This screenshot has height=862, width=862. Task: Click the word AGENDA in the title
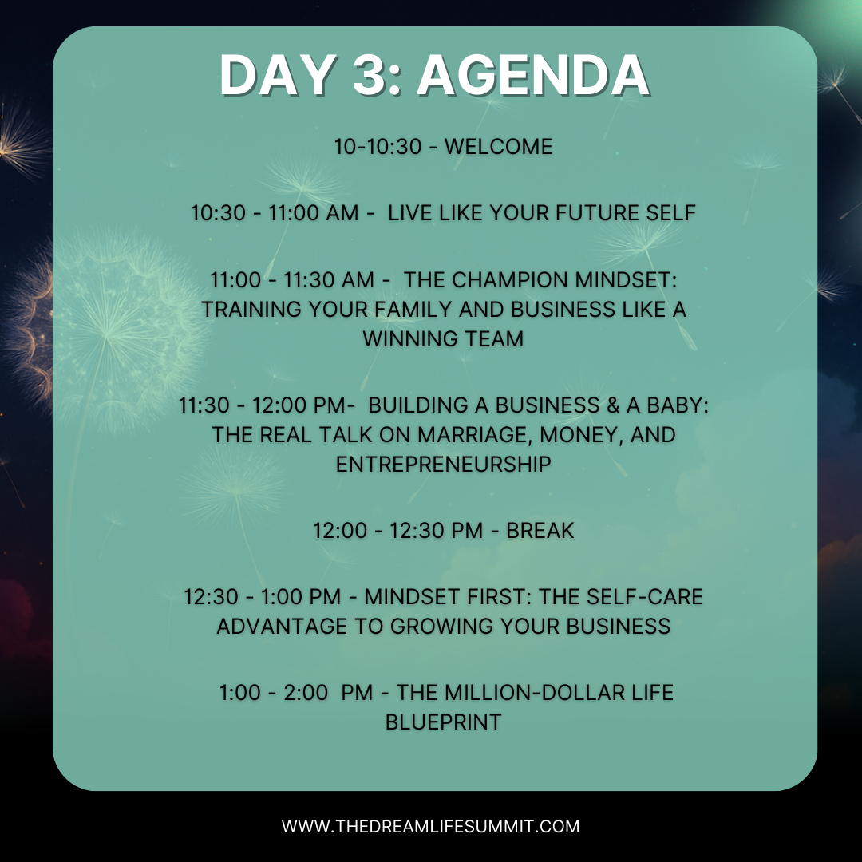(532, 75)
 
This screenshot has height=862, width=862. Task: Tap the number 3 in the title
(370, 75)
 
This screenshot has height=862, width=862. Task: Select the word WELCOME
(499, 147)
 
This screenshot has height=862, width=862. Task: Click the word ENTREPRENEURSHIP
(444, 464)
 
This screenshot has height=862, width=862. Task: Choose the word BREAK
(540, 531)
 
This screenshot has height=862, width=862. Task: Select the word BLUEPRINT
(444, 722)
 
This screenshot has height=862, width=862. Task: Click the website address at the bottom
(430, 826)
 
